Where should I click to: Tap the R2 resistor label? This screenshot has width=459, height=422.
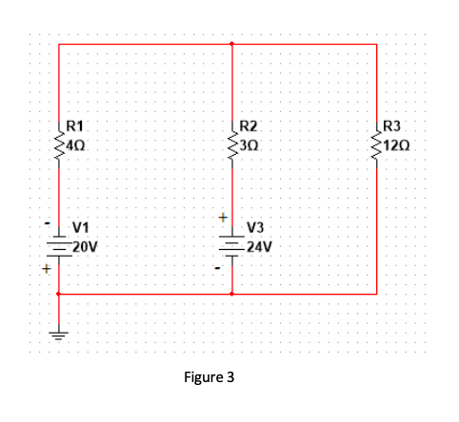point(249,125)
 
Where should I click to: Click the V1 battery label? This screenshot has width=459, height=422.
point(81,227)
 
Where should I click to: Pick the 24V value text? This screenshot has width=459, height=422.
point(259,245)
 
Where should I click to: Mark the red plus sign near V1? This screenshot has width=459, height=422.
point(44,269)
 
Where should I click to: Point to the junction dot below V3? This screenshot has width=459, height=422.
point(232,294)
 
